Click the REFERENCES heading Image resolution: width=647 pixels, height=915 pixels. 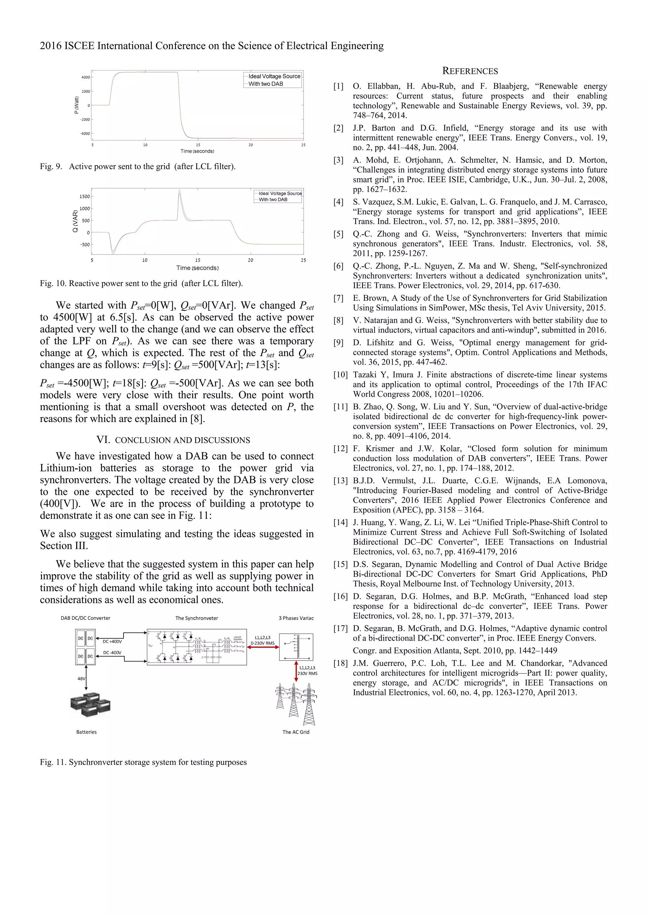(x=470, y=71)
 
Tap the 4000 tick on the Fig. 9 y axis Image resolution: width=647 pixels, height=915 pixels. (x=86, y=77)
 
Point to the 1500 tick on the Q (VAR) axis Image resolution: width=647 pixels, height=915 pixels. (x=85, y=196)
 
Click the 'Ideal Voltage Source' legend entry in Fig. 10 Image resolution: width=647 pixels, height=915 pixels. (x=280, y=193)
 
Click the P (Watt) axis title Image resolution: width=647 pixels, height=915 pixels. (x=76, y=105)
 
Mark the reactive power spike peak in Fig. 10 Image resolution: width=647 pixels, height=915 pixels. (x=179, y=190)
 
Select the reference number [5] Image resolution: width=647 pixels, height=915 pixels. (x=338, y=234)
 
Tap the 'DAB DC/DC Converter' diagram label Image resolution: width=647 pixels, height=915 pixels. (x=85, y=618)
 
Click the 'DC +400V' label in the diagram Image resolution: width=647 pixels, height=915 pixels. (x=112, y=641)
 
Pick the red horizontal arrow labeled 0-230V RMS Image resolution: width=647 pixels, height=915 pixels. (x=263, y=647)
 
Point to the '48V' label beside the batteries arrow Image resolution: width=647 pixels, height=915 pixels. (x=81, y=678)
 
